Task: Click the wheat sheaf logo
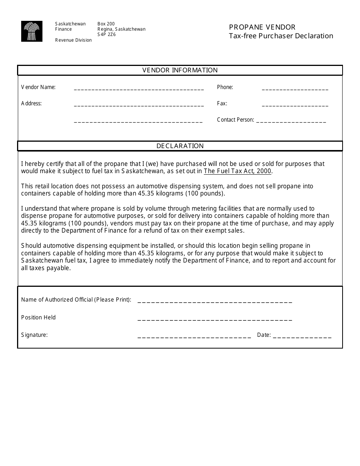pos(32,31)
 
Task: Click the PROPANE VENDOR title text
pos(262,27)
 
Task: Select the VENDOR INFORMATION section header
pos(180,70)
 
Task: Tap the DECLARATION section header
pos(180,146)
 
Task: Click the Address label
pos(31,103)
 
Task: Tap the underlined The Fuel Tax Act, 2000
pos(238,171)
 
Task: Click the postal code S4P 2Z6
pos(106,34)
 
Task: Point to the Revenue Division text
pos(74,40)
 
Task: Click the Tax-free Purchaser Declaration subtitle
pos(281,36)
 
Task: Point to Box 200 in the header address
pos(106,24)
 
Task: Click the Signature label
pos(34,335)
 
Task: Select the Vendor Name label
pos(38,87)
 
